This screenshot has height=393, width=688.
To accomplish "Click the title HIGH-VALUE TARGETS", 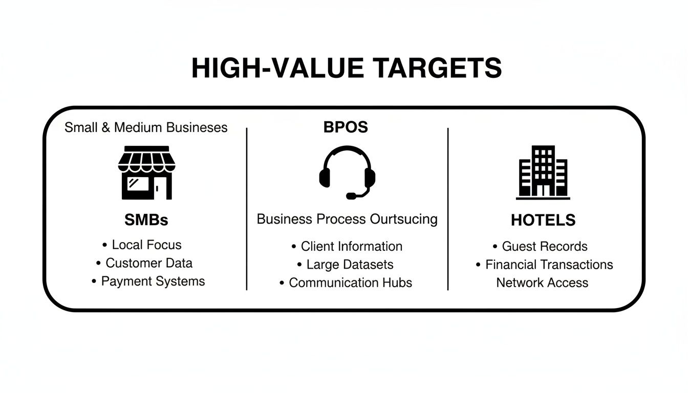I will click(x=347, y=68).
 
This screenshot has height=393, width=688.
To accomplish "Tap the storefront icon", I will click(x=146, y=173).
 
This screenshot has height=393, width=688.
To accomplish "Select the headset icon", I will click(x=347, y=172).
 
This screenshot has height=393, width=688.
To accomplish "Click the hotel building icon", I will click(x=543, y=172).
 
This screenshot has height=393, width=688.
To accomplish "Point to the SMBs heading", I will click(x=146, y=220).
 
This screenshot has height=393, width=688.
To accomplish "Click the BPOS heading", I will click(x=346, y=127).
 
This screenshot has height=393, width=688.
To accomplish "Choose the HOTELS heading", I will click(x=543, y=220).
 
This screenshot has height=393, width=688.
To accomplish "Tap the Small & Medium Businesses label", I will click(x=146, y=127).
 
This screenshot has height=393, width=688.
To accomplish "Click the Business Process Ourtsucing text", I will click(x=347, y=220).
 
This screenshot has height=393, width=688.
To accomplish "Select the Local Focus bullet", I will click(x=146, y=245).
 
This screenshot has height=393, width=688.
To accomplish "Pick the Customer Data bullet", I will click(x=149, y=263).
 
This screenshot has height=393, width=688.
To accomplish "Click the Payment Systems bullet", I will click(x=153, y=281).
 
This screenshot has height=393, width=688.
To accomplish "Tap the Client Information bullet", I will click(x=351, y=246).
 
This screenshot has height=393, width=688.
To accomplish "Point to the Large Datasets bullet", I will click(x=350, y=265).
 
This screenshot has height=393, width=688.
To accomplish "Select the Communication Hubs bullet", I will click(x=350, y=282).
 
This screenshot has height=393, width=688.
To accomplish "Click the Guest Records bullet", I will click(x=545, y=246).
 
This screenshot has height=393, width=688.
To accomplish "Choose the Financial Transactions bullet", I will click(x=549, y=265).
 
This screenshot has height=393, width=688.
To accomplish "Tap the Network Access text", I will click(x=542, y=282).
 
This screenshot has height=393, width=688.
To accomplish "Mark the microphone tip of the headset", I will click(x=351, y=196).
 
